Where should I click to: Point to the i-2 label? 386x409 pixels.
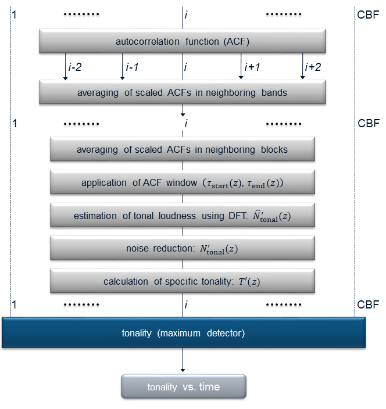click(74, 67)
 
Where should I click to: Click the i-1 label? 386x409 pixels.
click(131, 67)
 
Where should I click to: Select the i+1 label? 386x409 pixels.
click(252, 67)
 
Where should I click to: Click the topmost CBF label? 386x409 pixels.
click(368, 12)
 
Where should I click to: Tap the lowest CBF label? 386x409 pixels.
click(368, 304)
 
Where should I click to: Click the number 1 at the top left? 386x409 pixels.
click(15, 12)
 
